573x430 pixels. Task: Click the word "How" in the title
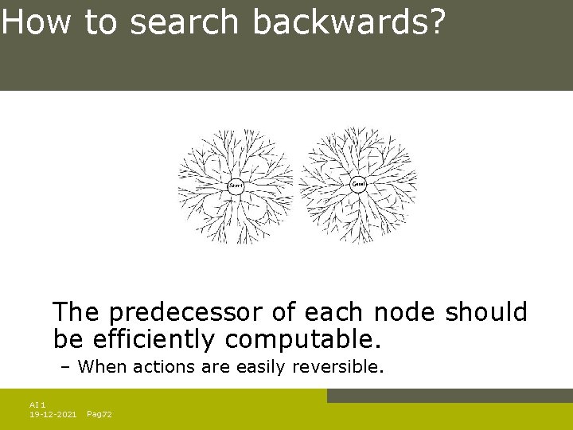(37, 23)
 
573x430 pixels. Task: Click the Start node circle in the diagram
(236, 186)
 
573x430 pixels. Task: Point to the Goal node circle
(359, 184)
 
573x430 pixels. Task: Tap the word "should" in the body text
(486, 312)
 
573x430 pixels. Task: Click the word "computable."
(303, 340)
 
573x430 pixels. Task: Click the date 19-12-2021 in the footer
(53, 414)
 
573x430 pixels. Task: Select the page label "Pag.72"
(99, 414)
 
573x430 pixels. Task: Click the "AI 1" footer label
(37, 405)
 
